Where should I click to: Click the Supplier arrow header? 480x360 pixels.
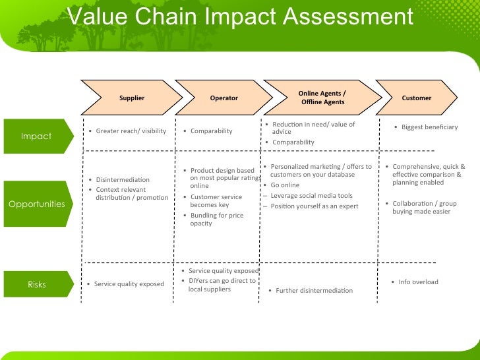point(131,98)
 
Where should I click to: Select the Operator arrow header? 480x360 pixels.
point(224,98)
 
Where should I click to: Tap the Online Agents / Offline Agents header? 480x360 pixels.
point(321,98)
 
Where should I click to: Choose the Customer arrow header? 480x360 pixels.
point(417,98)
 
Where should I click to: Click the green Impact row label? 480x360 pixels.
point(36,136)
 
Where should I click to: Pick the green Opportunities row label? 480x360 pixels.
point(37,204)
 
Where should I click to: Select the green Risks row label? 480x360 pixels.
point(37,284)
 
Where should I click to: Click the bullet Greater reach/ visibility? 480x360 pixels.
point(131,131)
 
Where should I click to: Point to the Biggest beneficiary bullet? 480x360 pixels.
point(429,127)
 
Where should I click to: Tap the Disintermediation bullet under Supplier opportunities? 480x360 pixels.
point(123,180)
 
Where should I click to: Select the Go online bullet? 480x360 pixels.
point(285,185)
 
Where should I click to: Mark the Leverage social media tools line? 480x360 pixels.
point(311,196)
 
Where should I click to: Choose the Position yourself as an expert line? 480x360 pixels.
point(314,206)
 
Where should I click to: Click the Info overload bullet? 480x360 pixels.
point(418,282)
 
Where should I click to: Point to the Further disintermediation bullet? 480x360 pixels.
point(314,290)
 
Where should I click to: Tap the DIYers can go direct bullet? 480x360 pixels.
point(222,285)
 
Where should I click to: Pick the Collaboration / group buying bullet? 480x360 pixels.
point(424,207)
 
